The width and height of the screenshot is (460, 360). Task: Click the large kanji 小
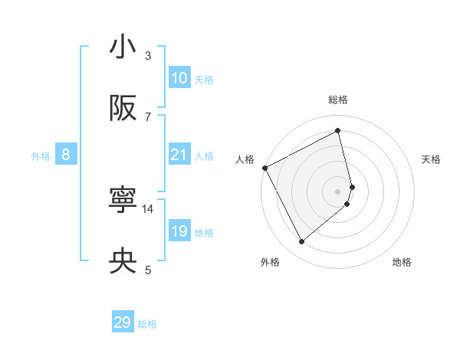[123, 47]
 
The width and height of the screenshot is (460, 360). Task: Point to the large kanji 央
[123, 262]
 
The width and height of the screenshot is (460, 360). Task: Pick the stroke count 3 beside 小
[148, 55]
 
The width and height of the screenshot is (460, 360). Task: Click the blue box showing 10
[179, 78]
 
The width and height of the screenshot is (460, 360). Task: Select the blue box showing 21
[179, 155]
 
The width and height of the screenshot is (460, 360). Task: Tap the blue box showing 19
[179, 231]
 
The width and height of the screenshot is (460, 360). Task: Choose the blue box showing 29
[123, 322]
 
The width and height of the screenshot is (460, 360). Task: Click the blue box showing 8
[66, 155]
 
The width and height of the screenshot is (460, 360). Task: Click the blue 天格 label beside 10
[204, 80]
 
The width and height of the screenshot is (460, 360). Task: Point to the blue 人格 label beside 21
[204, 156]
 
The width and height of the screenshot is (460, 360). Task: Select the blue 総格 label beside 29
[147, 324]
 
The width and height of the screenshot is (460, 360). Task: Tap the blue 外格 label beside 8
[41, 156]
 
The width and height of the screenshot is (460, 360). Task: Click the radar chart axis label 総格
[338, 100]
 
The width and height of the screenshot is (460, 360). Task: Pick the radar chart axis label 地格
[402, 262]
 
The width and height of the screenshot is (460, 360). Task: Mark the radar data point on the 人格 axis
[264, 168]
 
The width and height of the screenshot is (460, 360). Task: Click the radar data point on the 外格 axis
[301, 242]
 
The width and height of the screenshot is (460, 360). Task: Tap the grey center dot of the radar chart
[338, 190]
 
